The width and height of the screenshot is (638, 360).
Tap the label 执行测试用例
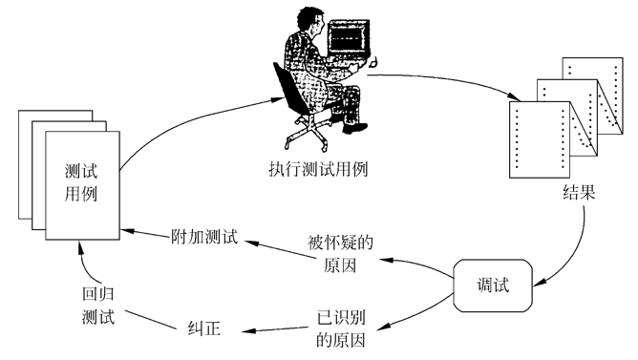(319, 170)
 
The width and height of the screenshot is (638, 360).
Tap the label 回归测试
(97, 307)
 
